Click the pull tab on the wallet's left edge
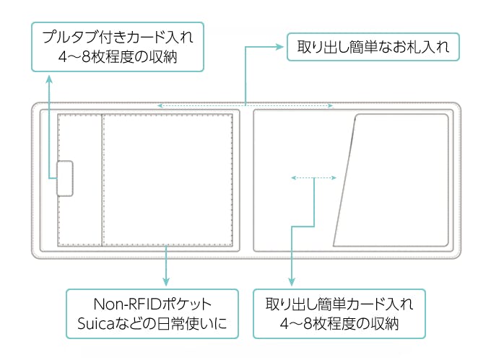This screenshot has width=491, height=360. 65,178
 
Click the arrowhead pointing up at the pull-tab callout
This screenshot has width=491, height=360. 49,77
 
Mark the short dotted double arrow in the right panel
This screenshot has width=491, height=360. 313,176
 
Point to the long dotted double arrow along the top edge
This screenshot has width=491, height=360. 245,106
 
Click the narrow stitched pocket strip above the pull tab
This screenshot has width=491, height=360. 79,137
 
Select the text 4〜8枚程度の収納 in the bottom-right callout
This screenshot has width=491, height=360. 339,324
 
